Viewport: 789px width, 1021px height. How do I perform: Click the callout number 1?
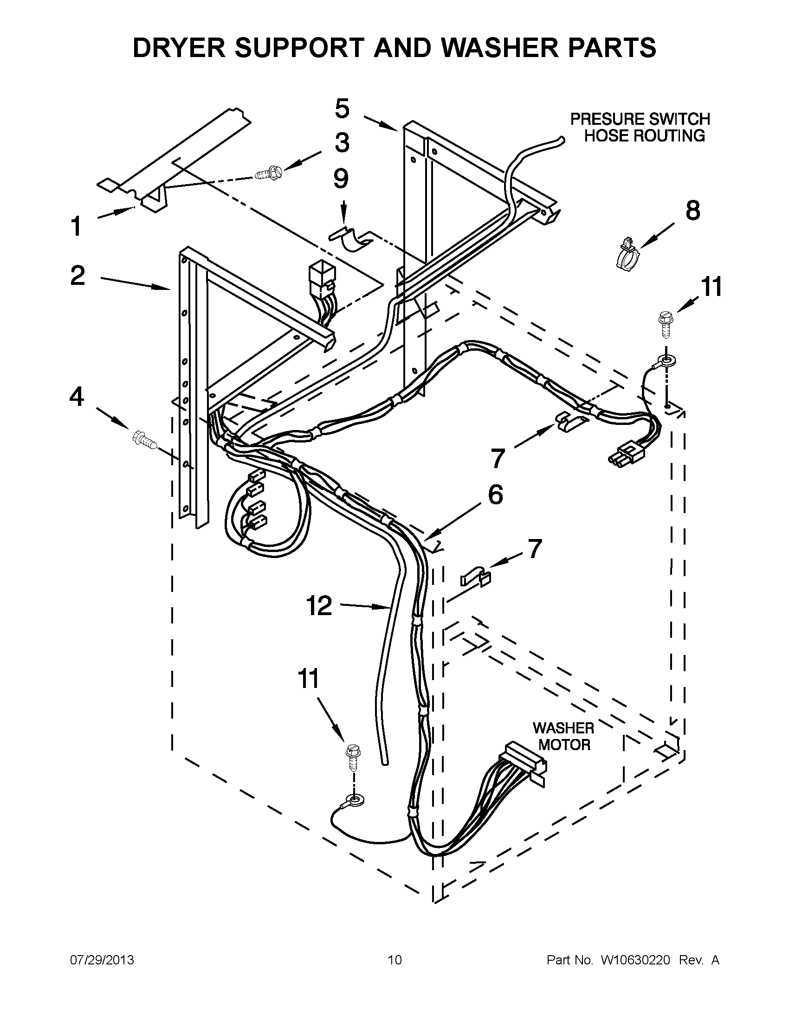pyautogui.click(x=76, y=227)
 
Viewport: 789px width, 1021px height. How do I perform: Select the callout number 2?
pyautogui.click(x=78, y=276)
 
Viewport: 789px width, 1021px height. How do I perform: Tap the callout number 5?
pyautogui.click(x=342, y=109)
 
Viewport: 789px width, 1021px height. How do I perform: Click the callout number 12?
pyautogui.click(x=319, y=606)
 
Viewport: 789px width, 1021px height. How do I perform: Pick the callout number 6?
pyautogui.click(x=495, y=494)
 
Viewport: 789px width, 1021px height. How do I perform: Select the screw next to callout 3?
pyautogui.click(x=265, y=174)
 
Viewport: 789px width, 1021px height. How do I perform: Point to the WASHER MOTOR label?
pyautogui.click(x=563, y=736)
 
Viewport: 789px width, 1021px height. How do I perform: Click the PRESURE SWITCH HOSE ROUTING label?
pyautogui.click(x=640, y=127)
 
